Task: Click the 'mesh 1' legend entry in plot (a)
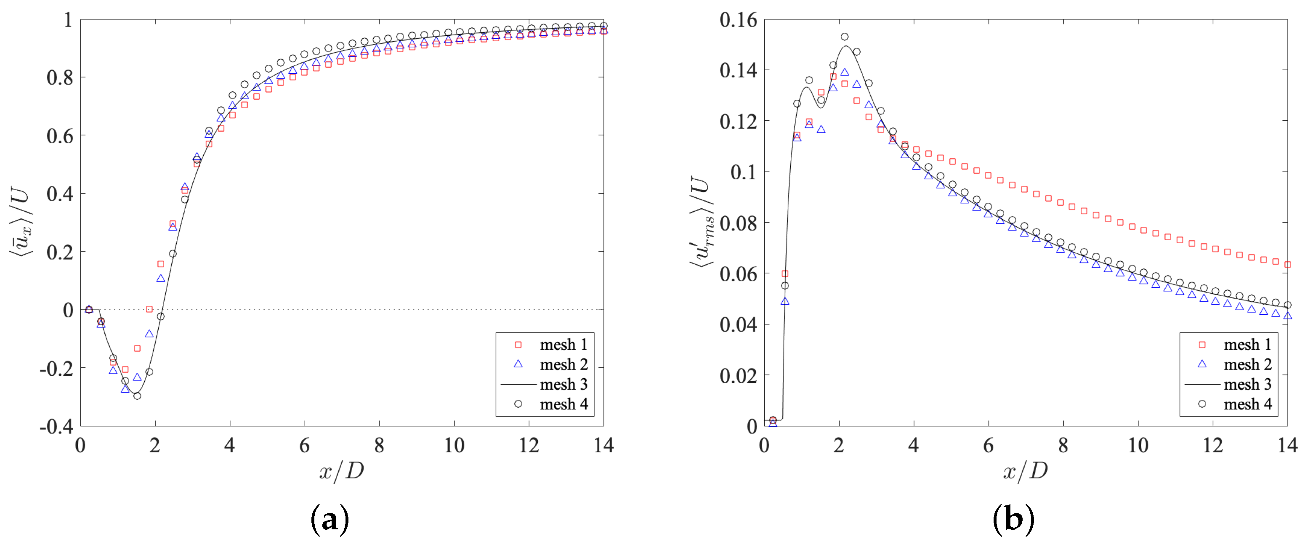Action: pyautogui.click(x=563, y=345)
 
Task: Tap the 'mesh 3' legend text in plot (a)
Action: pyautogui.click(x=563, y=385)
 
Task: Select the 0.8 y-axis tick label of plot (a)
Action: pyautogui.click(x=60, y=77)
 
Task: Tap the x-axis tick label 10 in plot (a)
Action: pyautogui.click(x=454, y=446)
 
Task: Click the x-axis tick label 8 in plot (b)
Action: pyautogui.click(x=1063, y=446)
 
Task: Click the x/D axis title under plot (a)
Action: pyautogui.click(x=341, y=471)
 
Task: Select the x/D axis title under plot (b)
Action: pyautogui.click(x=1025, y=471)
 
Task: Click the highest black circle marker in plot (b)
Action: pyautogui.click(x=845, y=37)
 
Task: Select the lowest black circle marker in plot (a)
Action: pyautogui.click(x=137, y=396)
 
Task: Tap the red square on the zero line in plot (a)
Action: pyautogui.click(x=149, y=309)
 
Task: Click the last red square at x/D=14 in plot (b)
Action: pyautogui.click(x=1287, y=264)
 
